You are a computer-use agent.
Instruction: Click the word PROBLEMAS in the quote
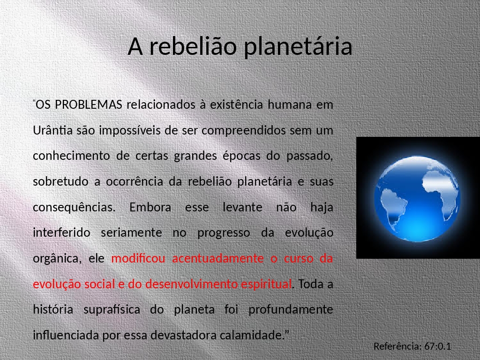click(x=89, y=105)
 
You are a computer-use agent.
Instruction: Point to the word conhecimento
click(x=71, y=156)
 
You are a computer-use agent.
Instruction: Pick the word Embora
click(x=150, y=207)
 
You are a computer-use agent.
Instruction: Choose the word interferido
click(x=61, y=232)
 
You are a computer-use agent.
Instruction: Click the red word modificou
click(x=138, y=258)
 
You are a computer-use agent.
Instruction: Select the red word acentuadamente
click(x=217, y=258)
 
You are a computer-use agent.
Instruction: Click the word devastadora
click(x=183, y=335)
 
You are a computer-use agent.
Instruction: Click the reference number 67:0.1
click(x=437, y=346)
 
